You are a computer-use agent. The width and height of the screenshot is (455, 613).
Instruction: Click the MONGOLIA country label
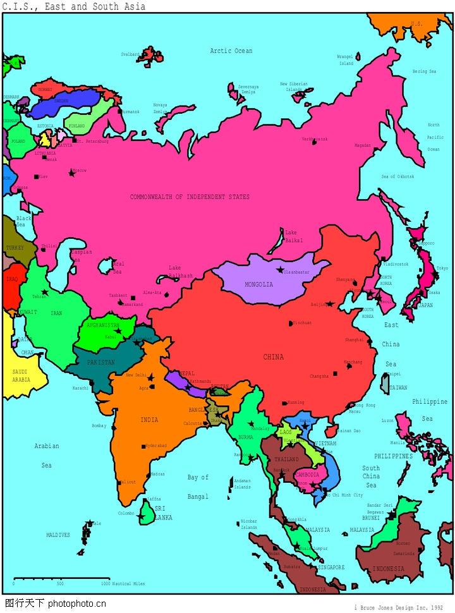point(259,284)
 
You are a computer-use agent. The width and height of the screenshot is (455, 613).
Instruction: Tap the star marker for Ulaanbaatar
point(280,270)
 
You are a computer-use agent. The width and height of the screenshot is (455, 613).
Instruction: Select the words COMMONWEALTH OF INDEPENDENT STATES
point(190,197)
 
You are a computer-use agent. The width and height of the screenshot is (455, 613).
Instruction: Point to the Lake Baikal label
point(294,236)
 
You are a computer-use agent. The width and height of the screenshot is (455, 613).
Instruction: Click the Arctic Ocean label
point(231,51)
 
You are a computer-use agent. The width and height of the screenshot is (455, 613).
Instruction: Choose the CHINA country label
point(274,357)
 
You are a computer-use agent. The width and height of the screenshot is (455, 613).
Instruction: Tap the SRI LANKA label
point(163,513)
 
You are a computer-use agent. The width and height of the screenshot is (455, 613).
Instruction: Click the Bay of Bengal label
point(198,487)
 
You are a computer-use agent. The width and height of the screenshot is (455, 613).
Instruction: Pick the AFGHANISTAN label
point(103,325)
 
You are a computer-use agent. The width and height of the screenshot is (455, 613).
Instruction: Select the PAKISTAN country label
point(101,363)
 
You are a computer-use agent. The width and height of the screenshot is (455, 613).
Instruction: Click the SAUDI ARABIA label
point(21,376)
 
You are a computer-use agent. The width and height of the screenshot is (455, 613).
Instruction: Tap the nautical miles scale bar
point(61,578)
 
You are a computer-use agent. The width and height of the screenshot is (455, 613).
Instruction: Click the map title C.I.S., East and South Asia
point(74,6)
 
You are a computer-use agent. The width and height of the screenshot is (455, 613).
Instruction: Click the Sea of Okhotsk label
point(397,177)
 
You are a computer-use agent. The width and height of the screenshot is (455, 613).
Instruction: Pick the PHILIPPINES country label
point(393,456)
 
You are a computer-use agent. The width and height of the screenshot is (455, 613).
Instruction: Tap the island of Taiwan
point(385,383)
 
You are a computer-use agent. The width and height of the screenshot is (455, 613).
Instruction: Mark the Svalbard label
point(130,54)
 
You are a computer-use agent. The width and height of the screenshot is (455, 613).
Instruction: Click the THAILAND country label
point(286,459)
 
